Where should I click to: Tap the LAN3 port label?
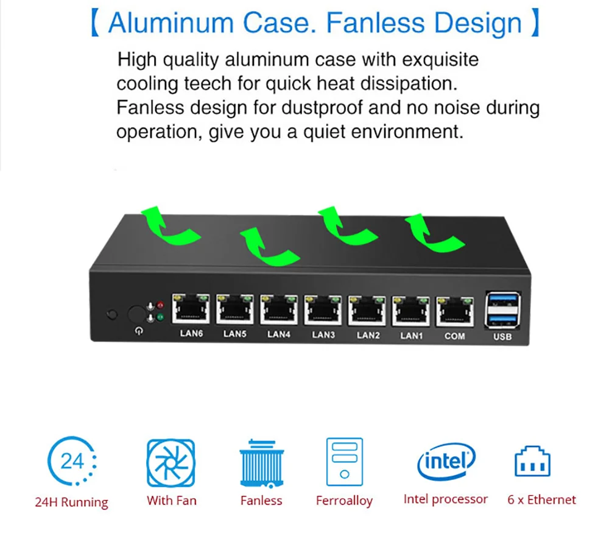323,334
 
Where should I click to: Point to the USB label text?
502,337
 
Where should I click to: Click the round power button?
137,315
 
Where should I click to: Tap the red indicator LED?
160,305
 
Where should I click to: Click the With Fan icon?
171,463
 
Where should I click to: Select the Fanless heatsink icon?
262,463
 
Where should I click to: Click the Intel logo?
446,461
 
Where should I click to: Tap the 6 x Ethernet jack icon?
532,463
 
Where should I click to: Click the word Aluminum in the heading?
171,23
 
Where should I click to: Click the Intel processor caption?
445,499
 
